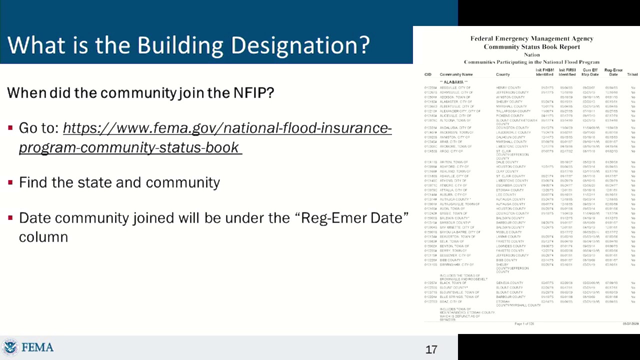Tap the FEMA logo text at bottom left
pyautogui.click(x=37, y=347)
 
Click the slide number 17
pyautogui.click(x=431, y=349)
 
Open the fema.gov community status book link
pyautogui.click(x=205, y=138)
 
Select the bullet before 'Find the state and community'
pyautogui.click(x=10, y=182)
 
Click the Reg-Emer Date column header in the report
pyautogui.click(x=613, y=72)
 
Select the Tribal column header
pyautogui.click(x=632, y=74)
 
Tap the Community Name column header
pyautogui.click(x=456, y=74)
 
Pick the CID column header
pyautogui.click(x=427, y=74)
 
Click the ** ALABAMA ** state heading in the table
pyautogui.click(x=453, y=82)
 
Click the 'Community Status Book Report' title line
pyautogui.click(x=531, y=46)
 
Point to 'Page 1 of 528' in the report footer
pyautogui.click(x=524, y=324)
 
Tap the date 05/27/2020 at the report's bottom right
pyautogui.click(x=630, y=324)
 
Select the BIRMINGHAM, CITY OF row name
pyautogui.click(x=456, y=265)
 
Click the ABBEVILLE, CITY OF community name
pyautogui.click(x=456, y=87)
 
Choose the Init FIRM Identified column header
pyautogui.click(x=567, y=72)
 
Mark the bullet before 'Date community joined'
pyautogui.click(x=10, y=218)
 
